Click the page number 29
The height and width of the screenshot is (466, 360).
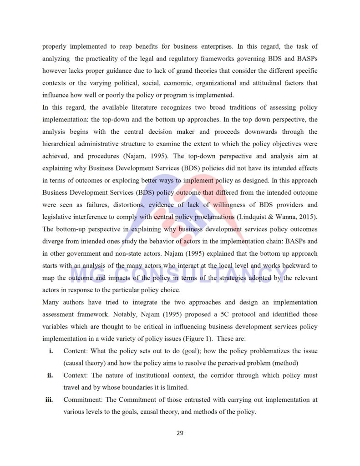pyautogui.click(x=180, y=433)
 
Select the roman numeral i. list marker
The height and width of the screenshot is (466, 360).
pyautogui.click(x=51, y=351)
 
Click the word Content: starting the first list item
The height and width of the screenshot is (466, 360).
pyautogui.click(x=76, y=351)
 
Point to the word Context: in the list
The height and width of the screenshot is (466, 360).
pyautogui.click(x=76, y=375)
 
